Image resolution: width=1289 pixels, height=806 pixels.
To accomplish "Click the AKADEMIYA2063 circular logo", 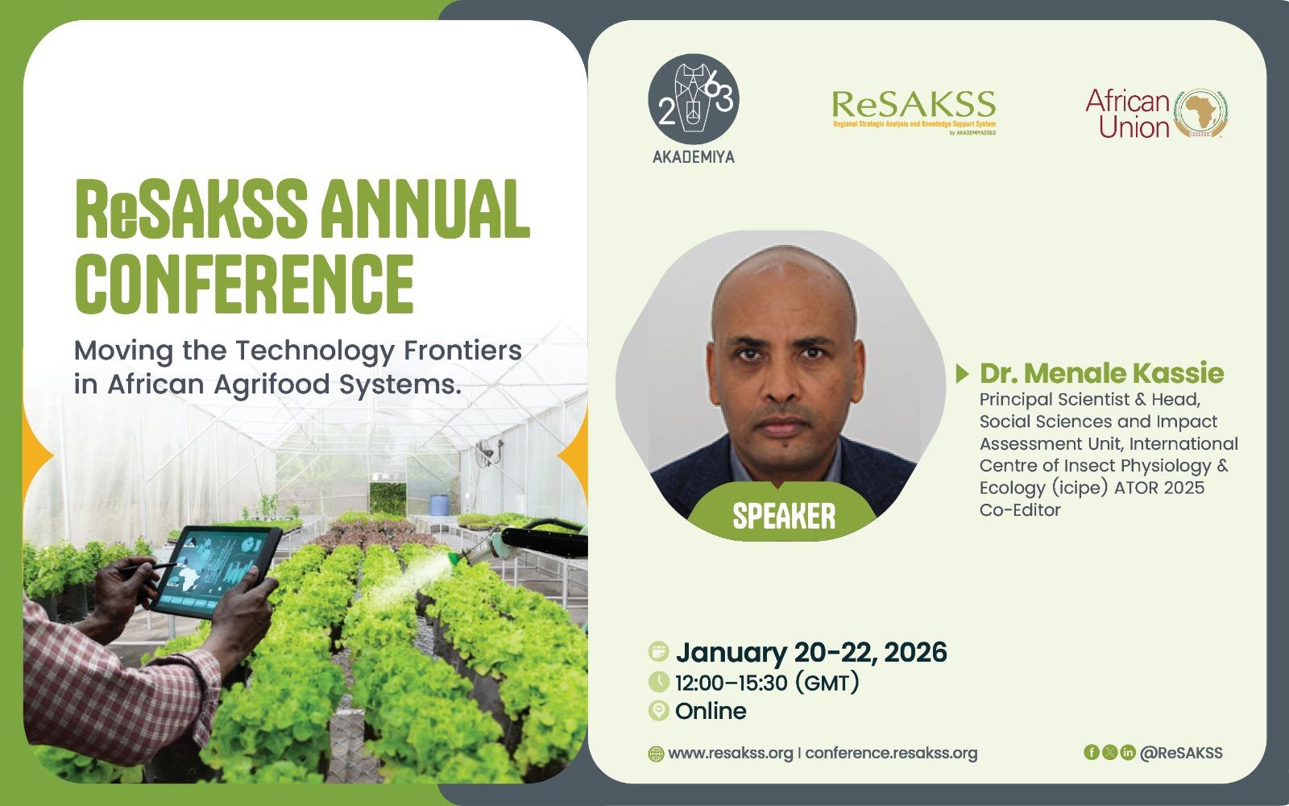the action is click(694, 99).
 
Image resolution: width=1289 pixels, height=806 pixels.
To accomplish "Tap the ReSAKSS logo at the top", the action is click(914, 112).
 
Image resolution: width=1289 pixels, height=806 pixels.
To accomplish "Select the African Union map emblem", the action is click(1200, 114).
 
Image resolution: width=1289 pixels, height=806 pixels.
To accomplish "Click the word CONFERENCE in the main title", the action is click(245, 284).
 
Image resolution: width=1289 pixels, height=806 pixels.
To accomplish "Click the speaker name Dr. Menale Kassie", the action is click(1101, 373).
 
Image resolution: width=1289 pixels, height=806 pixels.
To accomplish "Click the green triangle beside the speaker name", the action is click(962, 374).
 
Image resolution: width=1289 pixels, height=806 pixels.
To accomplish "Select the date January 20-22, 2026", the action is click(811, 652).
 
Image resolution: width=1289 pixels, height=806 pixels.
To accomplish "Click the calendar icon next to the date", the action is click(658, 652).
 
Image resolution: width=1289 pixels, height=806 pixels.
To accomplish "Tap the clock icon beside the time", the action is click(658, 682).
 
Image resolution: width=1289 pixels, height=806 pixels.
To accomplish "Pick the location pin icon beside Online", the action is click(658, 710).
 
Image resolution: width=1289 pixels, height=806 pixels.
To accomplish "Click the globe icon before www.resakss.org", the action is click(656, 754).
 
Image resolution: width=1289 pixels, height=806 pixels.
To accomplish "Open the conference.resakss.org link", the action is click(891, 753).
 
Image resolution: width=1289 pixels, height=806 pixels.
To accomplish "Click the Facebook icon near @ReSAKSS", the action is click(1091, 752).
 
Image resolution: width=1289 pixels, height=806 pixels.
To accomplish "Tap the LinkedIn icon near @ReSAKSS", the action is click(1128, 752).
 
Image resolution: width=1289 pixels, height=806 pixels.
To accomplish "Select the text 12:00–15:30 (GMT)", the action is click(767, 683).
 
